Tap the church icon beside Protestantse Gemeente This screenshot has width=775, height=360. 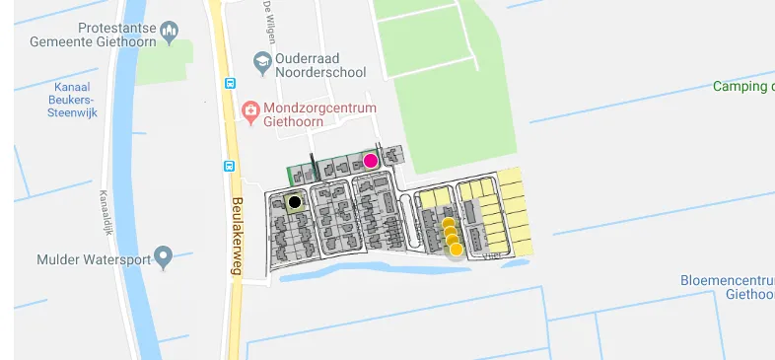click(170, 33)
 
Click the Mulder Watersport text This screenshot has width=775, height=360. click(93, 260)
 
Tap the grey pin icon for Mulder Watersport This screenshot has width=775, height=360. click(164, 259)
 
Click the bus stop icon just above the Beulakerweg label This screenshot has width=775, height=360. click(230, 167)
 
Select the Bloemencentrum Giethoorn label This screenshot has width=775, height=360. click(727, 287)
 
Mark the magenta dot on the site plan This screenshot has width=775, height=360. click(371, 161)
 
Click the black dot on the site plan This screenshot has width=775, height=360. click(294, 202)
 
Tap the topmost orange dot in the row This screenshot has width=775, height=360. click(448, 224)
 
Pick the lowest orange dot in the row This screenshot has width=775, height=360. click(456, 249)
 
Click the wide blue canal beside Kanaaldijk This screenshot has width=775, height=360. click(132, 197)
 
